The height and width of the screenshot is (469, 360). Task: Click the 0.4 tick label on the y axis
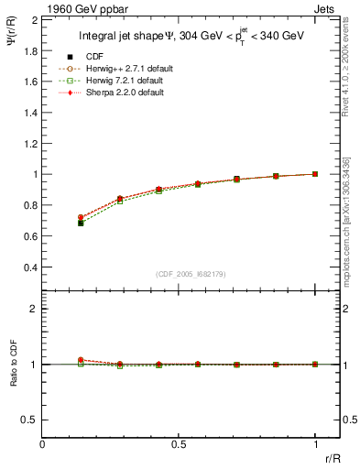pyautogui.click(x=31, y=267)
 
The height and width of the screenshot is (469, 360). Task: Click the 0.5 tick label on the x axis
pyautogui.click(x=179, y=444)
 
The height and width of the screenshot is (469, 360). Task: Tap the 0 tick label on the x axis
pyautogui.click(x=43, y=444)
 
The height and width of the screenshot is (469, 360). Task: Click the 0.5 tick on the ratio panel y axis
pyautogui.click(x=31, y=420)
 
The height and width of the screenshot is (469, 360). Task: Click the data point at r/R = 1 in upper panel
pyautogui.click(x=315, y=174)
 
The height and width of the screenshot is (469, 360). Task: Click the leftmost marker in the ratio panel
pyautogui.click(x=81, y=361)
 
